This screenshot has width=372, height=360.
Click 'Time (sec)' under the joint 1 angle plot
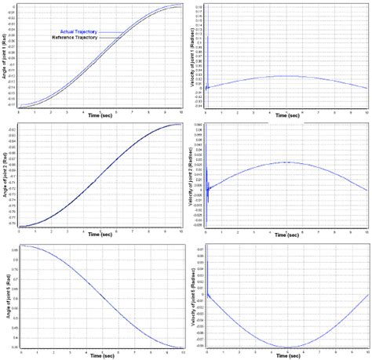point(99,115)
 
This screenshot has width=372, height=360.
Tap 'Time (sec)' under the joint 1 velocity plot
point(286,115)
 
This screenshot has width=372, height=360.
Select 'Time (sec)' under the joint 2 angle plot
point(99,235)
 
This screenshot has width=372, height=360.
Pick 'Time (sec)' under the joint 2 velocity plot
point(286,235)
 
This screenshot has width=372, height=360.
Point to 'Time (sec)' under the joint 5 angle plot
point(99,355)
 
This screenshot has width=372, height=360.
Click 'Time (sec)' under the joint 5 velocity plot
point(286,355)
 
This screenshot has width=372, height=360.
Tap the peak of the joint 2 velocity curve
point(287,162)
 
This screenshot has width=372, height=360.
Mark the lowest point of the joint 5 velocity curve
point(287,346)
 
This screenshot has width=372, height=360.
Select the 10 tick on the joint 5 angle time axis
point(181,350)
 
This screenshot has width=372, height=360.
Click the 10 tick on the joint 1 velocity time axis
point(367,110)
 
